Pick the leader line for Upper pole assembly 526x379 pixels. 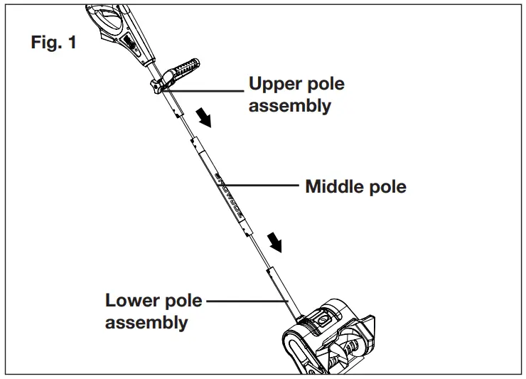206,89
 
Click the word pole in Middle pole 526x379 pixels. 389,188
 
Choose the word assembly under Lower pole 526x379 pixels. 146,323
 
